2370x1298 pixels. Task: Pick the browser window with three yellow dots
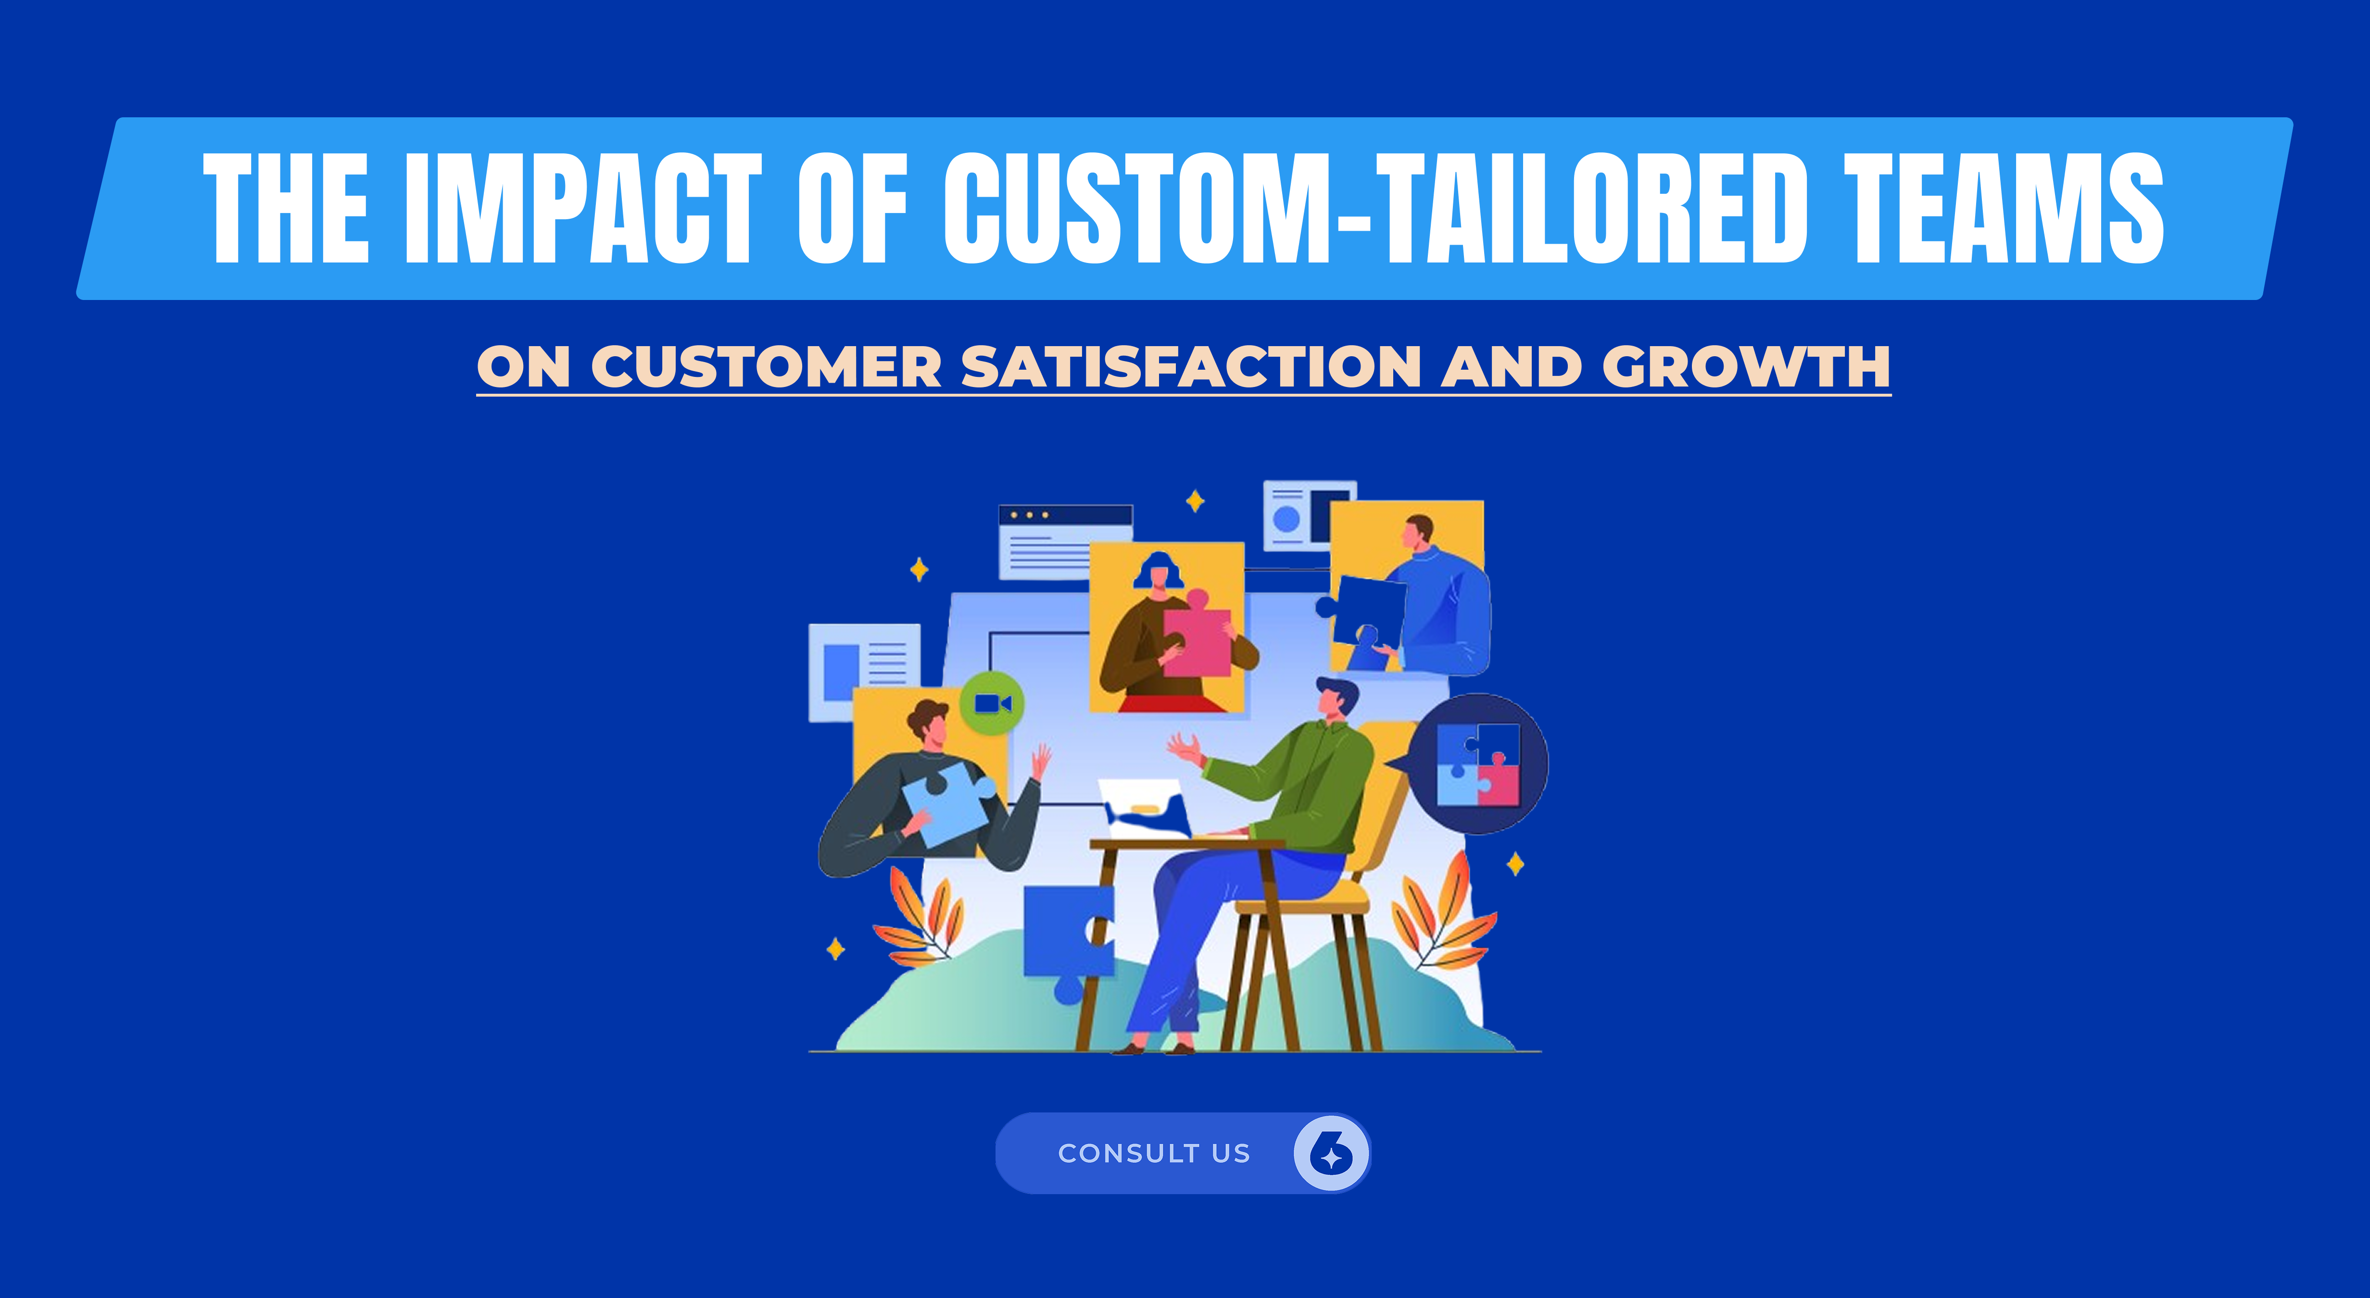(x=1064, y=541)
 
